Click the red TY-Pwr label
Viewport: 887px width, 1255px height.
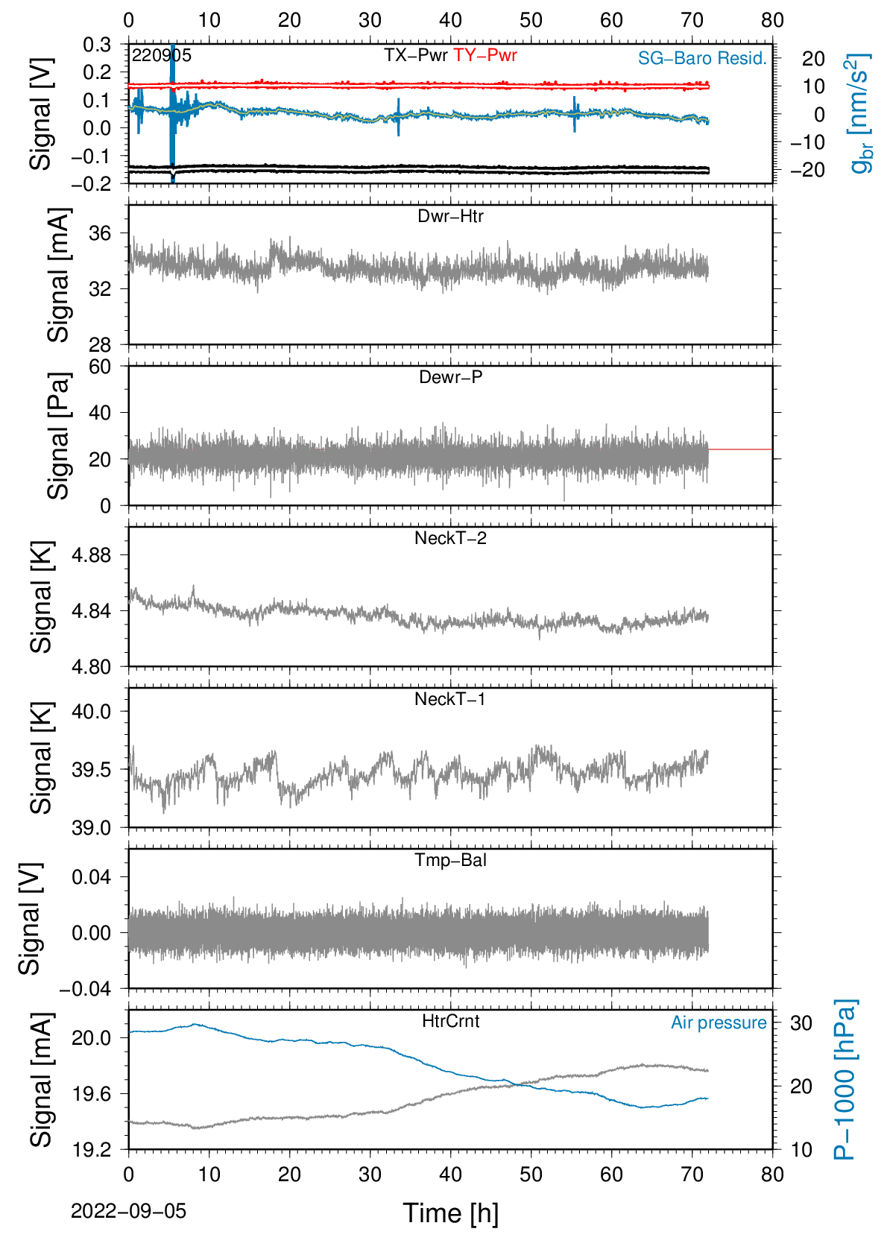[x=484, y=55]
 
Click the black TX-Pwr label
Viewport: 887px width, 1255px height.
[x=416, y=55]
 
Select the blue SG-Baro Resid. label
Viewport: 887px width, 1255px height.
[x=702, y=58]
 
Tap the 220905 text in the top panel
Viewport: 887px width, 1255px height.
[x=162, y=55]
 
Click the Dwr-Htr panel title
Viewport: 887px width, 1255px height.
[x=450, y=216]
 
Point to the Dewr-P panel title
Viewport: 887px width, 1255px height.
[x=450, y=377]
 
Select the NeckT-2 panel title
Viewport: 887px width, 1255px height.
[x=450, y=538]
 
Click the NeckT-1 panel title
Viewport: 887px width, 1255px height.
[x=450, y=698]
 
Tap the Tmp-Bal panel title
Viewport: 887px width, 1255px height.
[x=450, y=859]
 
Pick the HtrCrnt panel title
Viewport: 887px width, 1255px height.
[x=450, y=1021]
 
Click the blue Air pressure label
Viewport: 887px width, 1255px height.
[x=719, y=1022]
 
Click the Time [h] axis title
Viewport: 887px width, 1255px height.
[x=450, y=1213]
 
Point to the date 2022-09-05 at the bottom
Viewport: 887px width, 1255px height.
[x=128, y=1211]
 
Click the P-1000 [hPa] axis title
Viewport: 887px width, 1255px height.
[x=845, y=1079]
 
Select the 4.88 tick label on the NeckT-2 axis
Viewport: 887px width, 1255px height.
[x=92, y=555]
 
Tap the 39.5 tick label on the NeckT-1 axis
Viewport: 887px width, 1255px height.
[x=92, y=770]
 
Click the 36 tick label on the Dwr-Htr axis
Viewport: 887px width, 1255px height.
[x=100, y=233]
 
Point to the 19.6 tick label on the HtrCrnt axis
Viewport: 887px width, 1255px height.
[x=92, y=1093]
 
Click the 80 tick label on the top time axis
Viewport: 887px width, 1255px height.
[x=772, y=20]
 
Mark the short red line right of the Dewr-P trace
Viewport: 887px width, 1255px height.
[x=740, y=449]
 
